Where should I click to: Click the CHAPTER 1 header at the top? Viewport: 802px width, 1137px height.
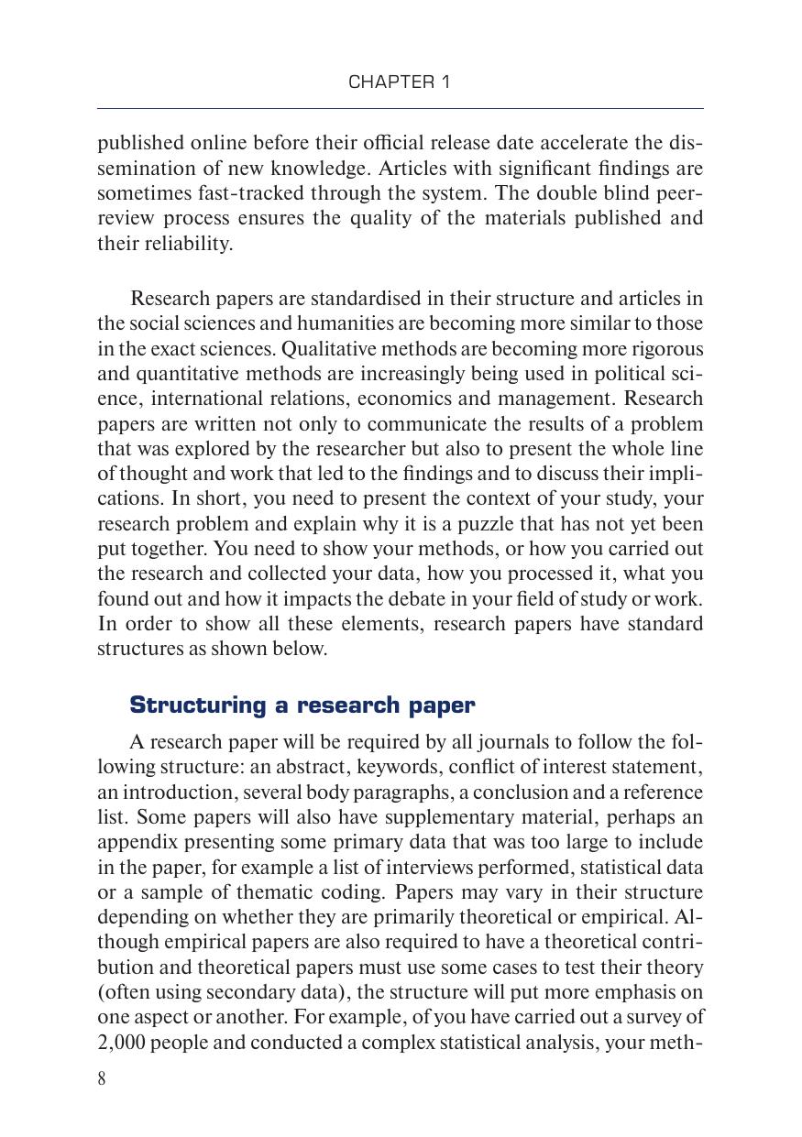pyautogui.click(x=400, y=82)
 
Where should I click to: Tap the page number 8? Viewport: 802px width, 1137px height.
pyautogui.click(x=102, y=1078)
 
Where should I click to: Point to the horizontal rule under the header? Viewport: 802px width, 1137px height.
pyautogui.click(x=401, y=109)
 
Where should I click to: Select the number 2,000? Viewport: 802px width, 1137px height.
pyautogui.click(x=121, y=1043)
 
